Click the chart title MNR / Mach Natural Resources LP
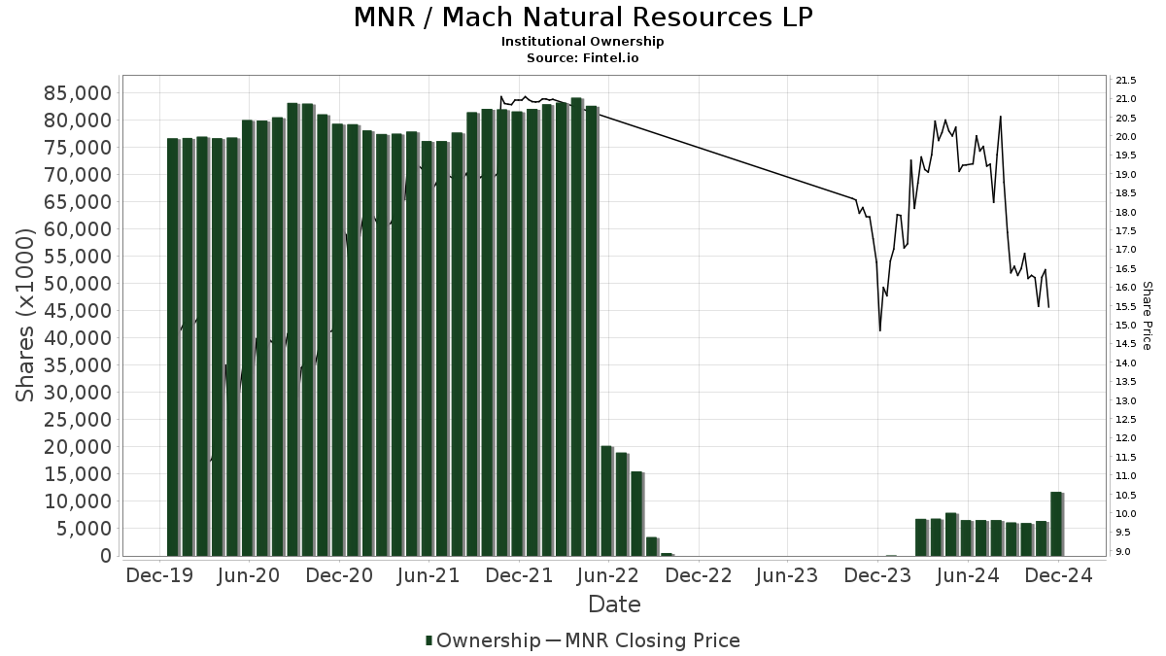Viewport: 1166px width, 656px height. point(583,17)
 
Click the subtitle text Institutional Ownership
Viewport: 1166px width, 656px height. point(583,42)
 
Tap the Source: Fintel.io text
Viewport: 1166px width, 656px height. point(583,58)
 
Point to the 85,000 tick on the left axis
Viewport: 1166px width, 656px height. point(77,93)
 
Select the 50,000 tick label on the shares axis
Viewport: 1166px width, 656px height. point(77,284)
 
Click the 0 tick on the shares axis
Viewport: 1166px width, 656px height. point(104,556)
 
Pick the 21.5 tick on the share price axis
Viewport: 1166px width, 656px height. point(1127,80)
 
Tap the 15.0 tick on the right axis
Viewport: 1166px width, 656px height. point(1127,326)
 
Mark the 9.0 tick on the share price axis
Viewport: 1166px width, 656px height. point(1125,552)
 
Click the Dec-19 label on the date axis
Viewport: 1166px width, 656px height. point(159,575)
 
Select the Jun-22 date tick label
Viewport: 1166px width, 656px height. point(608,575)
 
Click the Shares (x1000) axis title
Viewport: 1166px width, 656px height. point(26,315)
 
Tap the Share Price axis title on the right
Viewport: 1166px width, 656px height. point(1148,315)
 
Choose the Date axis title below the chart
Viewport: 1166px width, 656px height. point(614,604)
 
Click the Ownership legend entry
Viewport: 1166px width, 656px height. point(483,640)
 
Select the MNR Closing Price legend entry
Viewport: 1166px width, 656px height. point(643,640)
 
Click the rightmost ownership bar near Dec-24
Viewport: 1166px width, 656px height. point(1056,525)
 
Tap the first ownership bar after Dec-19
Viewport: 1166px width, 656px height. point(173,347)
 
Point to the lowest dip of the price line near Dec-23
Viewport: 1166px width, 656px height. point(880,330)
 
